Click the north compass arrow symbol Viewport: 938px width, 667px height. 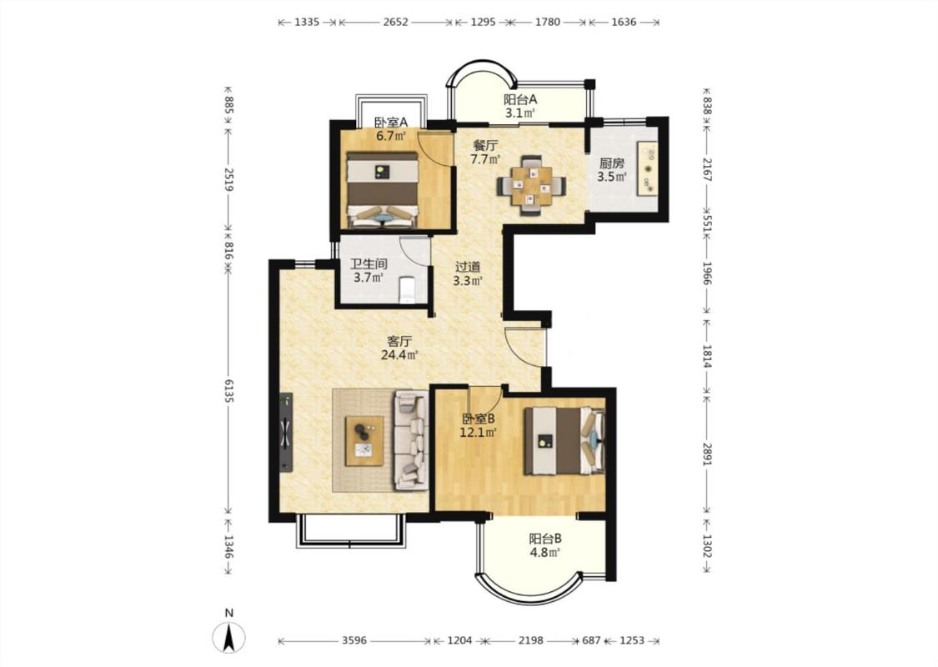click(x=228, y=637)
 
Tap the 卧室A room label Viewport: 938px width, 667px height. click(x=391, y=122)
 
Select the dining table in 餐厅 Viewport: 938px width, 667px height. click(x=531, y=185)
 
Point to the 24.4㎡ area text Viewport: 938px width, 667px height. click(x=399, y=354)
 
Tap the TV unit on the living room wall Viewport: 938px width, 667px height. click(x=286, y=433)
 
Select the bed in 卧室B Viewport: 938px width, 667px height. click(x=564, y=441)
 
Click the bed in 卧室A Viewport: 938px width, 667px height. click(x=383, y=189)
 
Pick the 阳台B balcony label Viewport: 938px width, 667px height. click(x=545, y=539)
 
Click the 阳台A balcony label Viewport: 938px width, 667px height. click(x=519, y=99)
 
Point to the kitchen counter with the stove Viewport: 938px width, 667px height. click(x=647, y=168)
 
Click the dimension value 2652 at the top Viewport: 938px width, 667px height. click(x=395, y=23)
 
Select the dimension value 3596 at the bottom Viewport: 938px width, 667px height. click(x=354, y=640)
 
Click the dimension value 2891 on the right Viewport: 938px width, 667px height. click(x=707, y=452)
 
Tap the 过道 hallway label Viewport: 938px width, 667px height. click(x=467, y=267)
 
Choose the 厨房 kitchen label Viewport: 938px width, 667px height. click(x=611, y=163)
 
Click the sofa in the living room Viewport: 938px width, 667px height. click(x=410, y=440)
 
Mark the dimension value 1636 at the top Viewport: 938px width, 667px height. click(x=624, y=23)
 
